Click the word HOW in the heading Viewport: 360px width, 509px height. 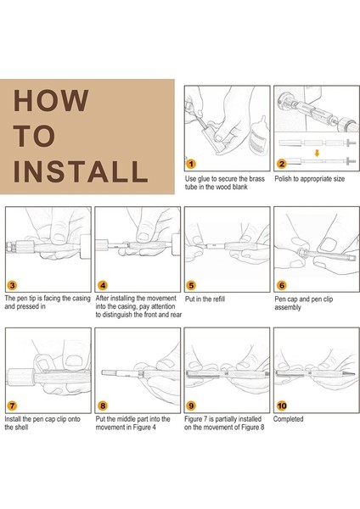pyautogui.click(x=51, y=100)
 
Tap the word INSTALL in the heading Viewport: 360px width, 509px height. pyautogui.click(x=81, y=171)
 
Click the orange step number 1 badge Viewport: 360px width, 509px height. pyautogui.click(x=191, y=164)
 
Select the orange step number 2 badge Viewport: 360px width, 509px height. pyautogui.click(x=281, y=164)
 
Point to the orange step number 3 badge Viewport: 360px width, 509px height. pyautogui.click(x=12, y=285)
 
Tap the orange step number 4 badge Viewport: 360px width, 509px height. pyautogui.click(x=103, y=285)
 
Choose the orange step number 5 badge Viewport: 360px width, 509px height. pyautogui.click(x=191, y=285)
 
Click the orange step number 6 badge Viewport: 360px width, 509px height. pyautogui.click(x=282, y=285)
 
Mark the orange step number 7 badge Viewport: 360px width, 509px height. pyautogui.click(x=12, y=406)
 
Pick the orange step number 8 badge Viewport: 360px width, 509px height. pyautogui.click(x=103, y=406)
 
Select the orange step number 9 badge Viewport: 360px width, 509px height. pyautogui.click(x=191, y=406)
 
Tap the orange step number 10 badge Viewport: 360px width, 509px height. pyautogui.click(x=282, y=406)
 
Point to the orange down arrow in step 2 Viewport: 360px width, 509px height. pyautogui.click(x=317, y=153)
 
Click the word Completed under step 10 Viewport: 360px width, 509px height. pyautogui.click(x=288, y=419)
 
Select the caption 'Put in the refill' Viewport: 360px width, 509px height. pyautogui.click(x=205, y=299)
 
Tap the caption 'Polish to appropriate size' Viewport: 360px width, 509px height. pyautogui.click(x=309, y=179)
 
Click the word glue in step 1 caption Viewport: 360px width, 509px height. pyautogui.click(x=204, y=179)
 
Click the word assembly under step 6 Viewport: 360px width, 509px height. pyautogui.click(x=288, y=307)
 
